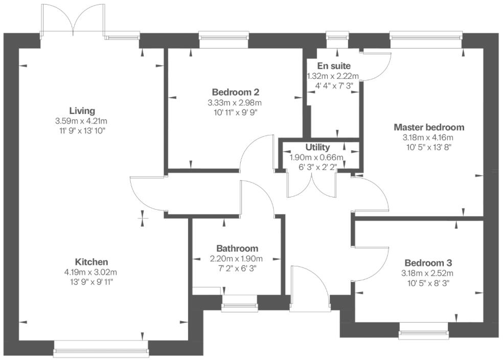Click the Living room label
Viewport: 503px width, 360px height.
[x=82, y=110]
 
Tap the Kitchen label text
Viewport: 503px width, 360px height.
[x=91, y=261]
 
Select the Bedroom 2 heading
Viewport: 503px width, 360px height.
[x=235, y=92]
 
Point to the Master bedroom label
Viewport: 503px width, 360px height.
[x=428, y=127]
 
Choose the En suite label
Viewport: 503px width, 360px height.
[x=333, y=66]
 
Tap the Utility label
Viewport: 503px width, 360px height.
[x=317, y=147]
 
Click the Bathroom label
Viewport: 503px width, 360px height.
[x=237, y=248]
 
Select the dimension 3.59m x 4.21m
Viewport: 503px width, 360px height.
[x=82, y=121]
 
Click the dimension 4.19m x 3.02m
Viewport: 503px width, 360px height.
[x=91, y=272]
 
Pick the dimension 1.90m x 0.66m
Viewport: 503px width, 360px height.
[x=316, y=157]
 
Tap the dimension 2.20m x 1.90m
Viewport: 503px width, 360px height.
[x=237, y=258]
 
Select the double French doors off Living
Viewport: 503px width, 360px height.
[x=74, y=20]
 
